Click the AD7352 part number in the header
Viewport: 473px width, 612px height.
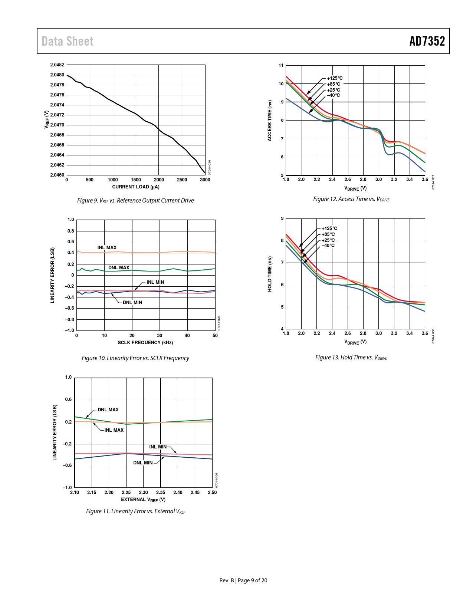pyautogui.click(x=427, y=41)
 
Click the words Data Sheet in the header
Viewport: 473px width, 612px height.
pyautogui.click(x=68, y=41)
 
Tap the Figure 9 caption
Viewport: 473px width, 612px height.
pyautogui.click(x=135, y=201)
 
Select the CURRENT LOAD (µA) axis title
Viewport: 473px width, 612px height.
pyautogui.click(x=136, y=187)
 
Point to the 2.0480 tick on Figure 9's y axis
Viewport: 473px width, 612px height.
pyautogui.click(x=57, y=75)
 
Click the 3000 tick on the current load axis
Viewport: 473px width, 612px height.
pyautogui.click(x=205, y=180)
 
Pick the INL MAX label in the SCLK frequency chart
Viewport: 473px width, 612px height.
pyautogui.click(x=107, y=248)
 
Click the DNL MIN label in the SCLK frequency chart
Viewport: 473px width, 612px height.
pyautogui.click(x=132, y=303)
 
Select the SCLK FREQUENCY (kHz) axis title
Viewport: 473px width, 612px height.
pyautogui.click(x=145, y=343)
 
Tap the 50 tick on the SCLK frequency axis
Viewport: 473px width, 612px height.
pyautogui.click(x=215, y=336)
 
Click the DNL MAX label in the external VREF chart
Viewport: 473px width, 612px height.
pyautogui.click(x=108, y=410)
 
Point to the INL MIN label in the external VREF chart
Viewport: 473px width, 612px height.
pyautogui.click(x=158, y=447)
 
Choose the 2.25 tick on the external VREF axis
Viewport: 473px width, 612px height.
pyautogui.click(x=126, y=493)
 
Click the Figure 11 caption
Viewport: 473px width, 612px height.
pyautogui.click(x=135, y=511)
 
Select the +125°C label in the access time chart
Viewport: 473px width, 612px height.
pyautogui.click(x=335, y=78)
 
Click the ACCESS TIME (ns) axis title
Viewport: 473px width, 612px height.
pyautogui.click(x=270, y=121)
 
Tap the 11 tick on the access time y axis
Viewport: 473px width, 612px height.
pyautogui.click(x=281, y=66)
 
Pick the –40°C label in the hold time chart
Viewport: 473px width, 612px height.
pyautogui.click(x=328, y=246)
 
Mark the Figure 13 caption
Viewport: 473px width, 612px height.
pyautogui.click(x=351, y=358)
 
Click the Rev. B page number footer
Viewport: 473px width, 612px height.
pyautogui.click(x=243, y=580)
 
